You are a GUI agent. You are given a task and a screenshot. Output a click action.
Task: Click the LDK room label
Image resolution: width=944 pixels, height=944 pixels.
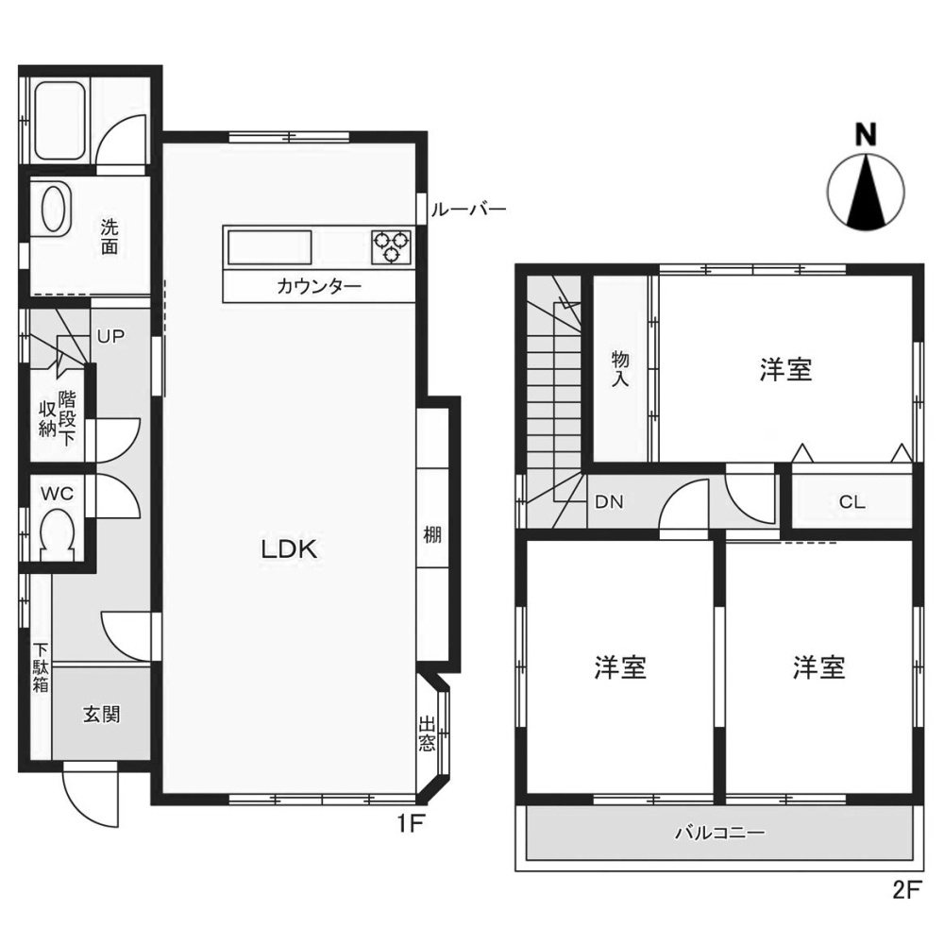pyautogui.click(x=288, y=550)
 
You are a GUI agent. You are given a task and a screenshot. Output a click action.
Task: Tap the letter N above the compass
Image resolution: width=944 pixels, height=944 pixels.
pyautogui.click(x=865, y=135)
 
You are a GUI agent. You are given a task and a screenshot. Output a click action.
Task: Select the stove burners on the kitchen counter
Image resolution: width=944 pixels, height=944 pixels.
pyautogui.click(x=393, y=246)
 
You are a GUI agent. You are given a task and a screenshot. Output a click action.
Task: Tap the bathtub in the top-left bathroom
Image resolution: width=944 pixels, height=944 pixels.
pyautogui.click(x=59, y=122)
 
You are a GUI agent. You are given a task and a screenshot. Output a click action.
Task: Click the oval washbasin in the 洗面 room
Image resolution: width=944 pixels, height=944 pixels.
pyautogui.click(x=52, y=208)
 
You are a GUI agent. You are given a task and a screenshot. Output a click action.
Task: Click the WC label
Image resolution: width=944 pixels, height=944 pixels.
pyautogui.click(x=59, y=492)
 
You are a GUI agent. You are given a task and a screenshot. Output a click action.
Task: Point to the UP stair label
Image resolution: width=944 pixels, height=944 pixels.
pyautogui.click(x=110, y=336)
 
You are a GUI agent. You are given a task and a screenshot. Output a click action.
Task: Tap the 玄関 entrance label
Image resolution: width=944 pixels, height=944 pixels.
pyautogui.click(x=101, y=715)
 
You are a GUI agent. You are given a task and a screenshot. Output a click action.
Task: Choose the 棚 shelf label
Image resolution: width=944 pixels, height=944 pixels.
pyautogui.click(x=433, y=534)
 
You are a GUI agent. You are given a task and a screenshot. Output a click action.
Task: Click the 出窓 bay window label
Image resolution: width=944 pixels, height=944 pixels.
pyautogui.click(x=428, y=734)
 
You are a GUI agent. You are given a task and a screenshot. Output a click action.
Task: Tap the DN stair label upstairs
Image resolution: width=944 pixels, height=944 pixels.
pyautogui.click(x=609, y=502)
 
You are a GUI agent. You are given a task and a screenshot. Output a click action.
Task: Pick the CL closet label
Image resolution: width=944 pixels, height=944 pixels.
pyautogui.click(x=851, y=502)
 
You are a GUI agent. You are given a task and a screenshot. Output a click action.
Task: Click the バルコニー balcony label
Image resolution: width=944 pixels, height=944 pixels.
pyautogui.click(x=719, y=834)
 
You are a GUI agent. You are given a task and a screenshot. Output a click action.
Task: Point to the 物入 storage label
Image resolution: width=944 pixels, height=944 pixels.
pyautogui.click(x=620, y=369)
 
